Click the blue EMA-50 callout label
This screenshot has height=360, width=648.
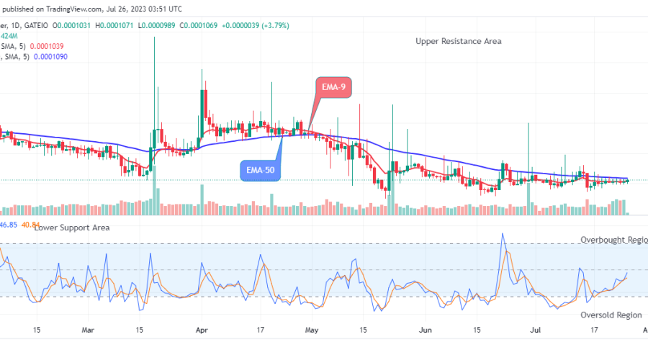260,171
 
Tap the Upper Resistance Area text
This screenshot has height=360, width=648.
459,41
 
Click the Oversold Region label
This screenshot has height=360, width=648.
611,315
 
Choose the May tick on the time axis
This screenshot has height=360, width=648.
312,330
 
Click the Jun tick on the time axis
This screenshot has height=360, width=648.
425,330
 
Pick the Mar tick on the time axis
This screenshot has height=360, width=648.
88,330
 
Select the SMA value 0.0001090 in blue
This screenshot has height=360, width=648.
51,57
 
